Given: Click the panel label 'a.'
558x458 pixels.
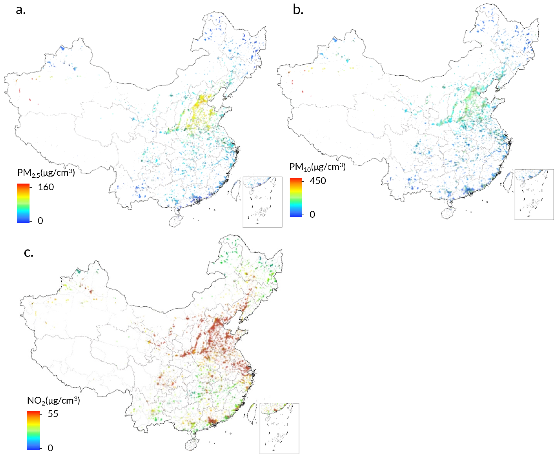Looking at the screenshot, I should point(21,11).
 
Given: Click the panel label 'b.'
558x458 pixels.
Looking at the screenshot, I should point(298,10).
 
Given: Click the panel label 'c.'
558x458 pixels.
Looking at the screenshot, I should point(28,253).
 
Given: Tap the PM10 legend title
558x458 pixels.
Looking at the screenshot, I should point(317,167).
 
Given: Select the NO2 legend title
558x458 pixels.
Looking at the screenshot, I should point(54,400).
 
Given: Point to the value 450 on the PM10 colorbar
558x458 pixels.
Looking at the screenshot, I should point(318,181).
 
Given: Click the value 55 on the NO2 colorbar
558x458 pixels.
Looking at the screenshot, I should point(53,414).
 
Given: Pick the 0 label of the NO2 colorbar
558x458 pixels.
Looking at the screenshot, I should point(50,448).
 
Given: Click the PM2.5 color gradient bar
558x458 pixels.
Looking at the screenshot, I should point(23,203).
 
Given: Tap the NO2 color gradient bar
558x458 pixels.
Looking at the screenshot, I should point(33,431).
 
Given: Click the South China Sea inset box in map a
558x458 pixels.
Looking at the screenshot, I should point(262,202).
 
